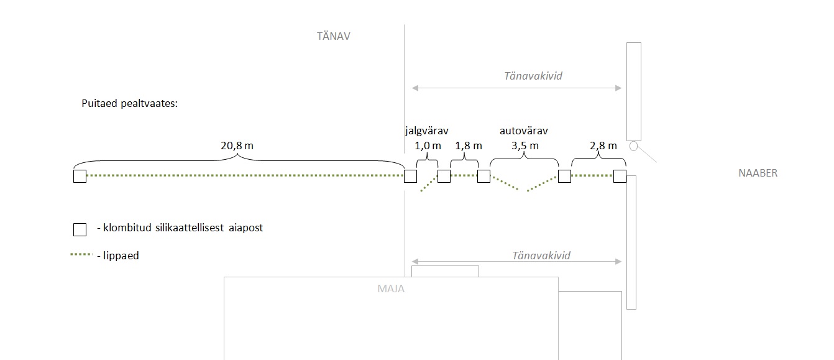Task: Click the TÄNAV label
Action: coord(334,37)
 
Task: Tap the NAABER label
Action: coord(758,173)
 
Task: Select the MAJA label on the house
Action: coord(391,288)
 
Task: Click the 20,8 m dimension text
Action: coord(237,146)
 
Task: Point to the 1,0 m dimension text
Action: coord(428,146)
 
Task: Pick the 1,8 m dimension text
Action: coord(469,146)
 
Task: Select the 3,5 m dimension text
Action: coord(525,146)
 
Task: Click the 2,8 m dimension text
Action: coord(603,146)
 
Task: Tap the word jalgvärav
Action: coord(426,131)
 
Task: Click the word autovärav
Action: coord(524,131)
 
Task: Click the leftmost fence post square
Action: coord(80,177)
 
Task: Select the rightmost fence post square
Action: coord(620,177)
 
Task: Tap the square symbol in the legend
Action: coord(80,230)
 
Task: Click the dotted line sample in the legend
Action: coord(82,255)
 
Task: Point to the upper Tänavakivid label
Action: coord(533,76)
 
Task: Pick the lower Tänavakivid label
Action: coord(541,256)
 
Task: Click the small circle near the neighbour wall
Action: coord(633,147)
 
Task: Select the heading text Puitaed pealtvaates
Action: coord(130,104)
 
